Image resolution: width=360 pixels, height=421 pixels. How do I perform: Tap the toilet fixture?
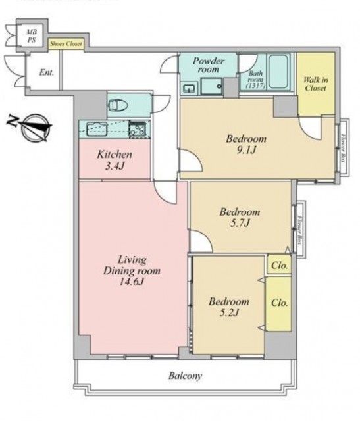tap(118, 105)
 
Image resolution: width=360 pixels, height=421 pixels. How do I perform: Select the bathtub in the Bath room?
tap(278, 72)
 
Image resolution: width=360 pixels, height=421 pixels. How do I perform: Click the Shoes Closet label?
tap(66, 44)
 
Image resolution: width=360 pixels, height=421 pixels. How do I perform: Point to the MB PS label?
tap(32, 36)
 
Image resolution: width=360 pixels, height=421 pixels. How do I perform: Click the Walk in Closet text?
tap(316, 84)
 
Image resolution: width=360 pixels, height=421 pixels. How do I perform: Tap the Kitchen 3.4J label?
tap(115, 161)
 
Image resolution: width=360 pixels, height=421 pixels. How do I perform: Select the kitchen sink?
tap(97, 129)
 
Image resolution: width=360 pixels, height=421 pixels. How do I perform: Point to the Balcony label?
tap(185, 376)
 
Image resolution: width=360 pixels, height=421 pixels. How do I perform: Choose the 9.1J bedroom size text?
tap(246, 151)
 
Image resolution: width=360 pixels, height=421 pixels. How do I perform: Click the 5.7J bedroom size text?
tap(240, 223)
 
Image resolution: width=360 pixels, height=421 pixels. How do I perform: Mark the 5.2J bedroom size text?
tap(229, 313)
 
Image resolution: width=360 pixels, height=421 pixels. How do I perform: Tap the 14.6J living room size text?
tap(132, 282)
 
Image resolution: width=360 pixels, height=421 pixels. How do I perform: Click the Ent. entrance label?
tap(47, 72)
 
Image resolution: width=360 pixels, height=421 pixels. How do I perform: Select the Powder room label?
tap(209, 65)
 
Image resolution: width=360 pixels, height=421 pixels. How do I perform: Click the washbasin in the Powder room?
tap(190, 88)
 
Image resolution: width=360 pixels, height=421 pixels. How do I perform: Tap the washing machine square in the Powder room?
tap(212, 86)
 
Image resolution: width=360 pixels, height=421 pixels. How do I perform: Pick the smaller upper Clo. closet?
tap(280, 264)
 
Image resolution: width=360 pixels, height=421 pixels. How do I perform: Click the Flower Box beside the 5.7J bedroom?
tap(299, 230)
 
